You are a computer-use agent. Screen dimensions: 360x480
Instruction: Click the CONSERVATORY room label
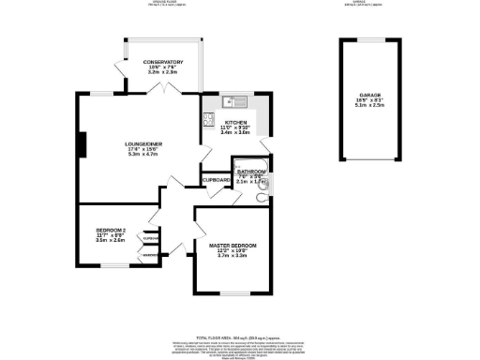(x=157, y=62)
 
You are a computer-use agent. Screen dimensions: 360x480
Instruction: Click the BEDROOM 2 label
(x=111, y=230)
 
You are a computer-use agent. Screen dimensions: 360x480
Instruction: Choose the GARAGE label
(x=368, y=95)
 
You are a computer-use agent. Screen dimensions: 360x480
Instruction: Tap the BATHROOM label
(x=251, y=173)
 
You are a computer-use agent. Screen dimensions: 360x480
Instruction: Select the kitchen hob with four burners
(x=207, y=119)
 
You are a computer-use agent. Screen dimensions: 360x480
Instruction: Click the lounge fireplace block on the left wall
(x=82, y=145)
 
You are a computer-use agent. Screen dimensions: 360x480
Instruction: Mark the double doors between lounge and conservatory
(x=166, y=87)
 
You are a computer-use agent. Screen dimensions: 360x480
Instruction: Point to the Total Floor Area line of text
(x=239, y=336)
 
